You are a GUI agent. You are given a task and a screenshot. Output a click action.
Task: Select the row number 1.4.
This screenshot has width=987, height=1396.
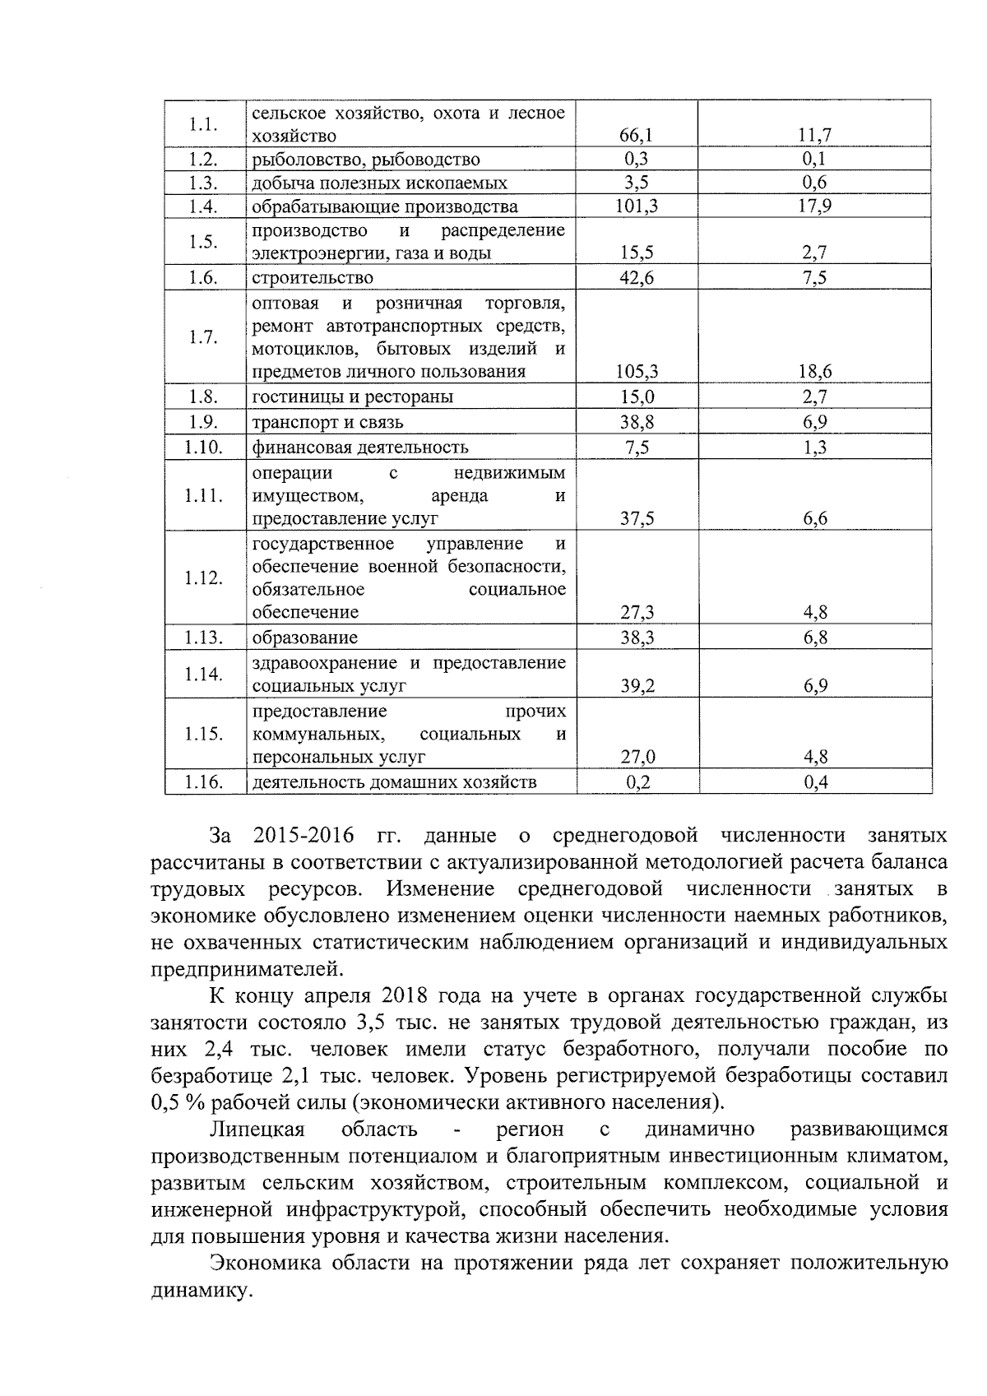(202, 206)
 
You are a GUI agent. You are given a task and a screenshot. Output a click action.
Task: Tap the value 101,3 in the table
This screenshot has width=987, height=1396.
(637, 206)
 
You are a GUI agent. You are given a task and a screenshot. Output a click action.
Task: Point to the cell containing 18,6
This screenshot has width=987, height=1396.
(815, 372)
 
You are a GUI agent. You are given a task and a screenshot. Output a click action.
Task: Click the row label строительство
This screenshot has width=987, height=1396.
(313, 278)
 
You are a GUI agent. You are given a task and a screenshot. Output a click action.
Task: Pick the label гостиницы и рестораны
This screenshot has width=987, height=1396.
(353, 397)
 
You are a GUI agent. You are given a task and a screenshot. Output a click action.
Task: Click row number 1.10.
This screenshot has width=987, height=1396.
(203, 448)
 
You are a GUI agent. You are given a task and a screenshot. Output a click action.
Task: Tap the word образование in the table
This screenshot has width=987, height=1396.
(305, 638)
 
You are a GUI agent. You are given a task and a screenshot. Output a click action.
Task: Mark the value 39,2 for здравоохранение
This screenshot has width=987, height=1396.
(637, 686)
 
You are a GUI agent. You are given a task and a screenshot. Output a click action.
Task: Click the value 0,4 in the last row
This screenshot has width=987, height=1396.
(815, 782)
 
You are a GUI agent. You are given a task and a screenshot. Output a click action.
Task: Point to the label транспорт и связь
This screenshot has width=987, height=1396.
(328, 423)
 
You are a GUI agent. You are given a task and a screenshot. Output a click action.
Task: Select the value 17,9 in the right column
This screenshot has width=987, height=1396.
(815, 206)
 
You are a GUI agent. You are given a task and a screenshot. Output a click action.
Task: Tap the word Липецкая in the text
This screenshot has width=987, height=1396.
(257, 1129)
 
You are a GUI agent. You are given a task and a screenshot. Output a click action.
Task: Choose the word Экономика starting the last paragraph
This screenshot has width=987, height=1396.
(264, 1264)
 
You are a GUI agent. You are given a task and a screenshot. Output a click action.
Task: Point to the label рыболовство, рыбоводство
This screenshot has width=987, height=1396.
(366, 160)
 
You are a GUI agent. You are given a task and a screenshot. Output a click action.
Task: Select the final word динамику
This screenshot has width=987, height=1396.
(200, 1291)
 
